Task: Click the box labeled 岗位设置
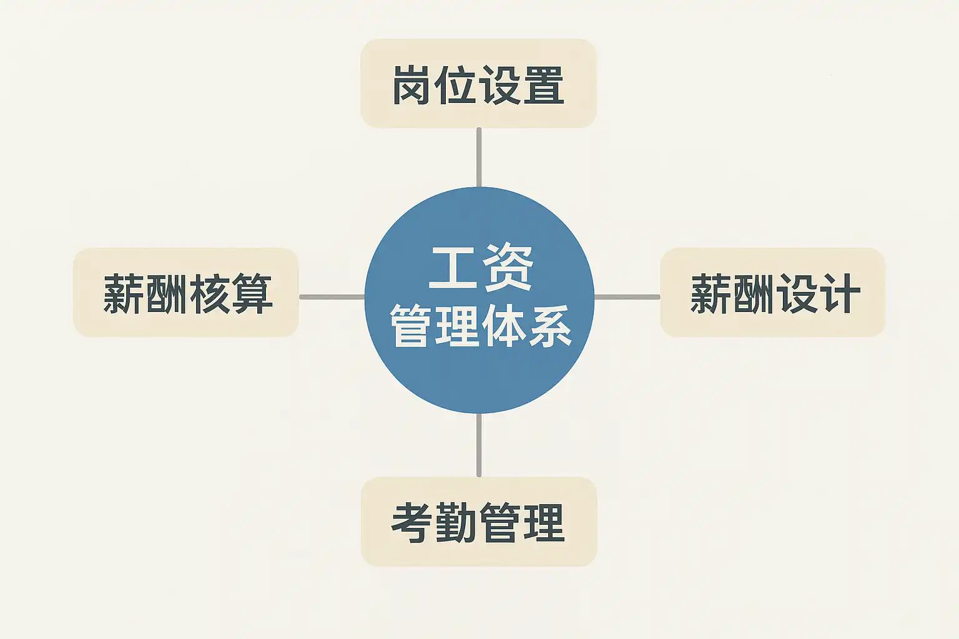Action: point(478,84)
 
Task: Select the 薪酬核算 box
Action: point(186,293)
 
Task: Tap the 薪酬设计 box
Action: point(773,293)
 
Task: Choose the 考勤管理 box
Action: point(479,522)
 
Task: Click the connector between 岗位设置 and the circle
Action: point(479,157)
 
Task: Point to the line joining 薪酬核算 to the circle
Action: point(332,297)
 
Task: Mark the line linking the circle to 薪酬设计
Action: point(627,297)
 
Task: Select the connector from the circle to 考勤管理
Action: point(479,444)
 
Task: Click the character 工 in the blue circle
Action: point(451,268)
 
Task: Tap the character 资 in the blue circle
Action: point(508,268)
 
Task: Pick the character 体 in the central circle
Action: point(503,325)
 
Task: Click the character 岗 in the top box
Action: point(411,85)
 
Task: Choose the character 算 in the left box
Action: point(252,293)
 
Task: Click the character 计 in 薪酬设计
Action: point(840,293)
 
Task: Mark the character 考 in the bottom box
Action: point(412,523)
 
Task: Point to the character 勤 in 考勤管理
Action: point(456,523)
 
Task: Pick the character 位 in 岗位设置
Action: point(456,85)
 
